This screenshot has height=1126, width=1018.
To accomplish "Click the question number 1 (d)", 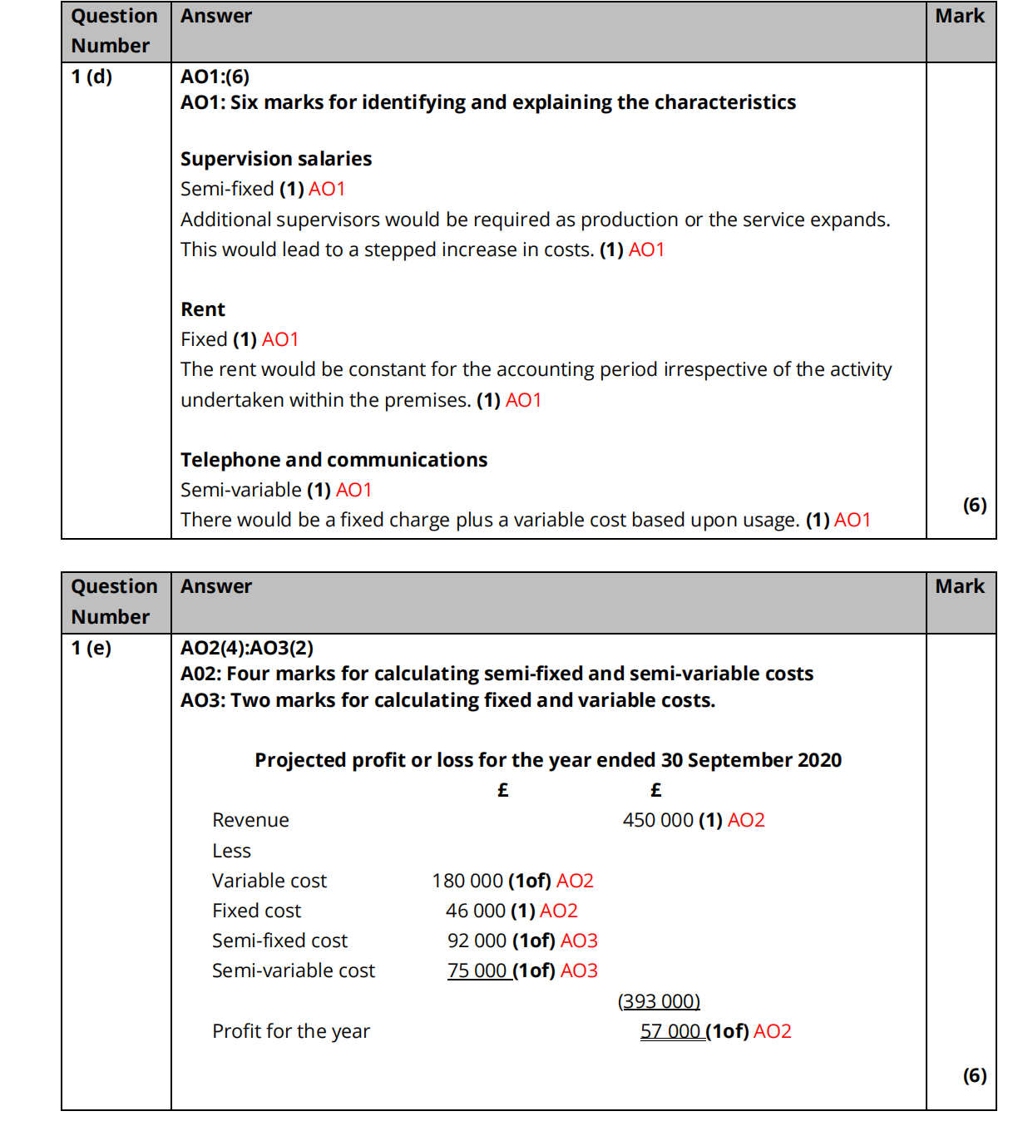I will pyautogui.click(x=91, y=77).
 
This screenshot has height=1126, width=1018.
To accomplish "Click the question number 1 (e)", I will pyautogui.click(x=91, y=648).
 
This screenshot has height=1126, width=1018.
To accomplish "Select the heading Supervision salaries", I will pyautogui.click(x=276, y=159).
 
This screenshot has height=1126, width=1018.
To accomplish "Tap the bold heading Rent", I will pyautogui.click(x=203, y=309).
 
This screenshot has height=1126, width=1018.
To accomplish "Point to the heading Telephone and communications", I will pyautogui.click(x=334, y=460).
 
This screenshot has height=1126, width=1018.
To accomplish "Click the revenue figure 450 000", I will pyautogui.click(x=658, y=821).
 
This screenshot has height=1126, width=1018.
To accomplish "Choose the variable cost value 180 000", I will pyautogui.click(x=467, y=881).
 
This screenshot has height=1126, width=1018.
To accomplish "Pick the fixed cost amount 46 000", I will pyautogui.click(x=476, y=911).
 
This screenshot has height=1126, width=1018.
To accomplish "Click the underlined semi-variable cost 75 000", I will pyautogui.click(x=477, y=970).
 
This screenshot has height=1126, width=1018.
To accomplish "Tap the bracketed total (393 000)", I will pyautogui.click(x=659, y=1001).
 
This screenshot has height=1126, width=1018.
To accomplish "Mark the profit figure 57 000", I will pyautogui.click(x=670, y=1031).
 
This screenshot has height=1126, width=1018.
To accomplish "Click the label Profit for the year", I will pyautogui.click(x=291, y=1031).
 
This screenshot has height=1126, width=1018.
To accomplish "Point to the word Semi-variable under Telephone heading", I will pyautogui.click(x=241, y=490).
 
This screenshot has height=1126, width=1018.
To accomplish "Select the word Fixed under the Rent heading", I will pyautogui.click(x=204, y=339).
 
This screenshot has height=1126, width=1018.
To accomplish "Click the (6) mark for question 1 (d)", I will pyautogui.click(x=975, y=505).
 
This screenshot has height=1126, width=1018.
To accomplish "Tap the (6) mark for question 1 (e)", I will pyautogui.click(x=975, y=1075).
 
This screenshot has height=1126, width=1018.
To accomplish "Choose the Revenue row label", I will pyautogui.click(x=250, y=821).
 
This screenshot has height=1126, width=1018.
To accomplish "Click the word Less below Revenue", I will pyautogui.click(x=231, y=851).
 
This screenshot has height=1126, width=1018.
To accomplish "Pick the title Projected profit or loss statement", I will pyautogui.click(x=548, y=760).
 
